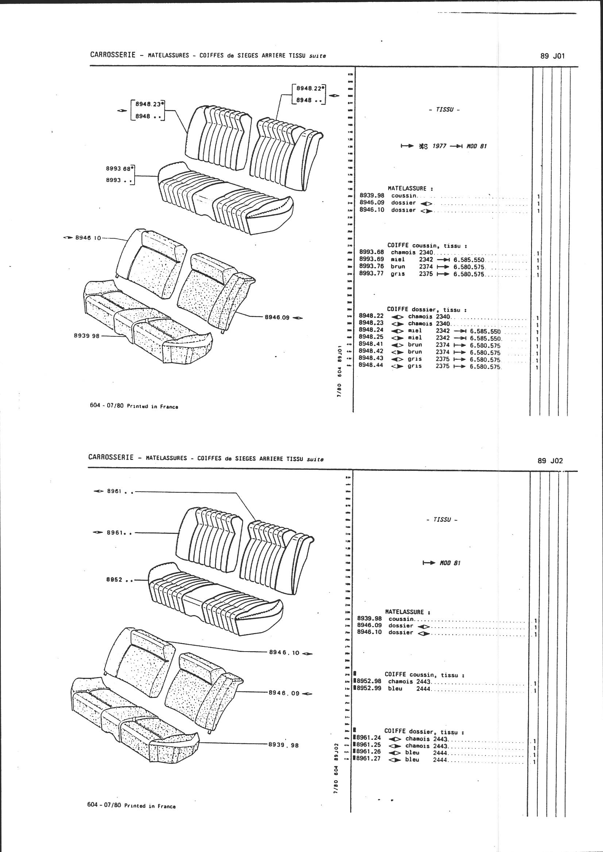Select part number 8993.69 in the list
371,260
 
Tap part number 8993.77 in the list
371,274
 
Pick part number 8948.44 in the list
371,365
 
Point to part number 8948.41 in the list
371,344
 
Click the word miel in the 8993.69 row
398,260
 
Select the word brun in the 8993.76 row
398,267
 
